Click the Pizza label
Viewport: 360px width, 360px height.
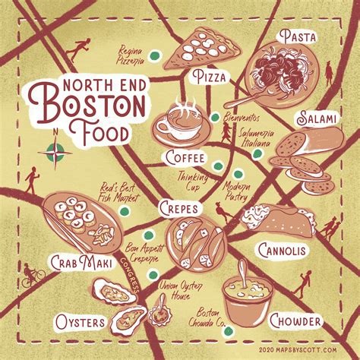[208, 77]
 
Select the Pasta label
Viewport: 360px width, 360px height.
[297, 35]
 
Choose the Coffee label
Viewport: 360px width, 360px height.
[185, 157]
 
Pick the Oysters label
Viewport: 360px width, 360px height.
[79, 322]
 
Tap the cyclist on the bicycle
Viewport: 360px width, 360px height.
[32, 275]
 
